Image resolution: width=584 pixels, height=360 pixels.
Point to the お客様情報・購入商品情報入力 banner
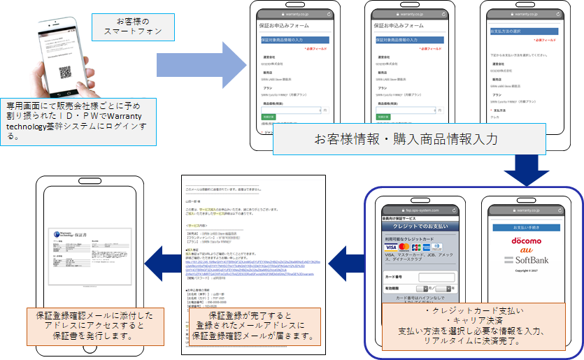click(x=410, y=140)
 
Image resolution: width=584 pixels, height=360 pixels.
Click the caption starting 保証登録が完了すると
click(x=251, y=325)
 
